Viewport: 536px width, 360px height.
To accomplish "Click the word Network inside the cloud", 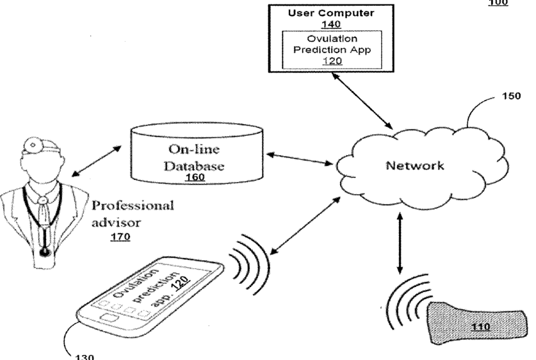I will pyautogui.click(x=414, y=166).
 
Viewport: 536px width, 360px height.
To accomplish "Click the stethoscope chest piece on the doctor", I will pyautogui.click(x=44, y=250).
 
